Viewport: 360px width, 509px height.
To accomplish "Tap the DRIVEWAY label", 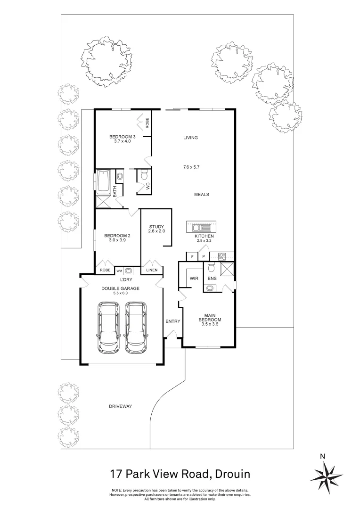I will tap(120, 406).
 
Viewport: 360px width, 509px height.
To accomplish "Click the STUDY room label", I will tap(156, 227).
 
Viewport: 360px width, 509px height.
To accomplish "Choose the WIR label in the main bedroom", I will tap(194, 279).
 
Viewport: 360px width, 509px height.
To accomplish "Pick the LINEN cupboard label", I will tap(152, 270).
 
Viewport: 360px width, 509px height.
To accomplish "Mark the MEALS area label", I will tap(201, 194).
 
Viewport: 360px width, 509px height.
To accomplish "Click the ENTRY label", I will tap(172, 321).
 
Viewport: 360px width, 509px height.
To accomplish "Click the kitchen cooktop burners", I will tap(222, 257).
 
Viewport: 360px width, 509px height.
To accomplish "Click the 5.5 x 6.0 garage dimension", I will tap(121, 293).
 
